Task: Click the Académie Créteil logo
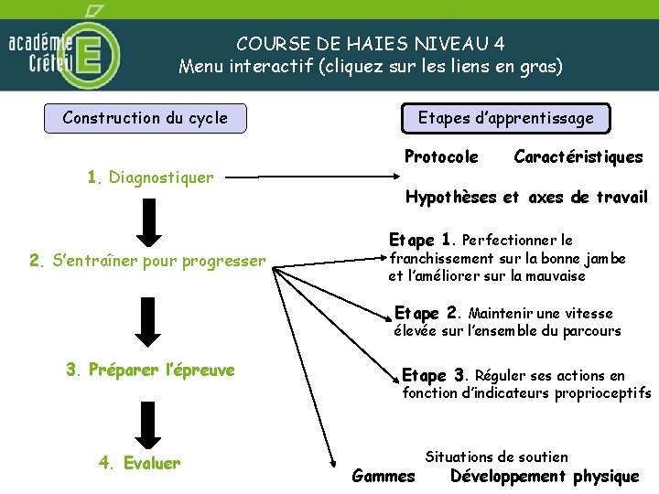(x=62, y=48)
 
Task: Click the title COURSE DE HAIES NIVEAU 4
(x=370, y=43)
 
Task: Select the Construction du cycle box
(x=146, y=118)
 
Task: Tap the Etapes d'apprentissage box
(x=505, y=118)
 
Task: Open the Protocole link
(x=441, y=157)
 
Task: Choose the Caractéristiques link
(x=578, y=157)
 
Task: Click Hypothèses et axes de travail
(x=526, y=198)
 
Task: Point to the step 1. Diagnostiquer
(x=150, y=177)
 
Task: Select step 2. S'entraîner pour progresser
(x=147, y=262)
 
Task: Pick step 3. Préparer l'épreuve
(x=150, y=370)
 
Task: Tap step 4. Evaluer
(x=139, y=463)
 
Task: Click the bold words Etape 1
(x=421, y=241)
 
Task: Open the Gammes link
(x=383, y=477)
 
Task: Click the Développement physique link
(x=545, y=477)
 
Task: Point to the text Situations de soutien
(x=496, y=456)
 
